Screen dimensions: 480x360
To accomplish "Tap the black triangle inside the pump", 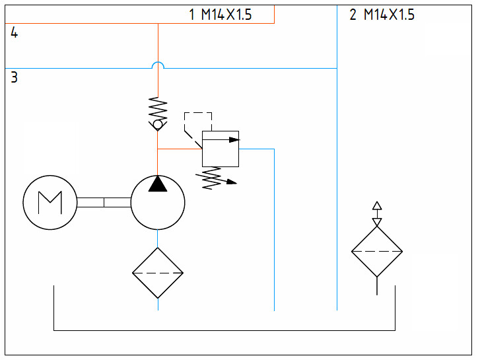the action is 158,184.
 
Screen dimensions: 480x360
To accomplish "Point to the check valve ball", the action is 158,125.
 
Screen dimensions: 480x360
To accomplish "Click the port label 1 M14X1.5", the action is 221,15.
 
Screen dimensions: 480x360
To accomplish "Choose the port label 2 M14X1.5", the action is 382,15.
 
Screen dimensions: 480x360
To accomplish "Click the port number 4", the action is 14,32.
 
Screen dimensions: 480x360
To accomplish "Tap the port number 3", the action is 14,77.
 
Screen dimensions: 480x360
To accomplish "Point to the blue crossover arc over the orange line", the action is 158,62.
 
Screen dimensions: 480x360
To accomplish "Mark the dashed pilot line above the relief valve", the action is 198,113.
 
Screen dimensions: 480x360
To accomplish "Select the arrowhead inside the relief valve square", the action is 234,140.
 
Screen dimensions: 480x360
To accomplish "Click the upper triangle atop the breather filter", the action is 377,205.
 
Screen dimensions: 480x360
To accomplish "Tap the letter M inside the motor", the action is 50,203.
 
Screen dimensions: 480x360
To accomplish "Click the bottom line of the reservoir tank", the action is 224,330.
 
